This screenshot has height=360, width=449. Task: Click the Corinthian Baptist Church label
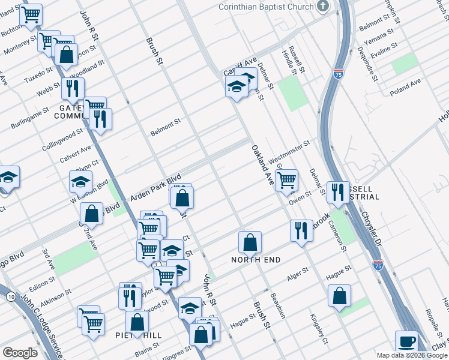(x=265, y=7)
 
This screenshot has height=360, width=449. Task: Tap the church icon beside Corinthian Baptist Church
(x=324, y=7)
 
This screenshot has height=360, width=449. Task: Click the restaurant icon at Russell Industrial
(x=337, y=191)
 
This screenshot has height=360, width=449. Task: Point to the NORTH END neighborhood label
(x=253, y=260)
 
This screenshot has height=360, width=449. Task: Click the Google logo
(x=20, y=353)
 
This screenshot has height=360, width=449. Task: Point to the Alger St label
(x=298, y=273)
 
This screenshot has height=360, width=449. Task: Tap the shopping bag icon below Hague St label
(x=339, y=295)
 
